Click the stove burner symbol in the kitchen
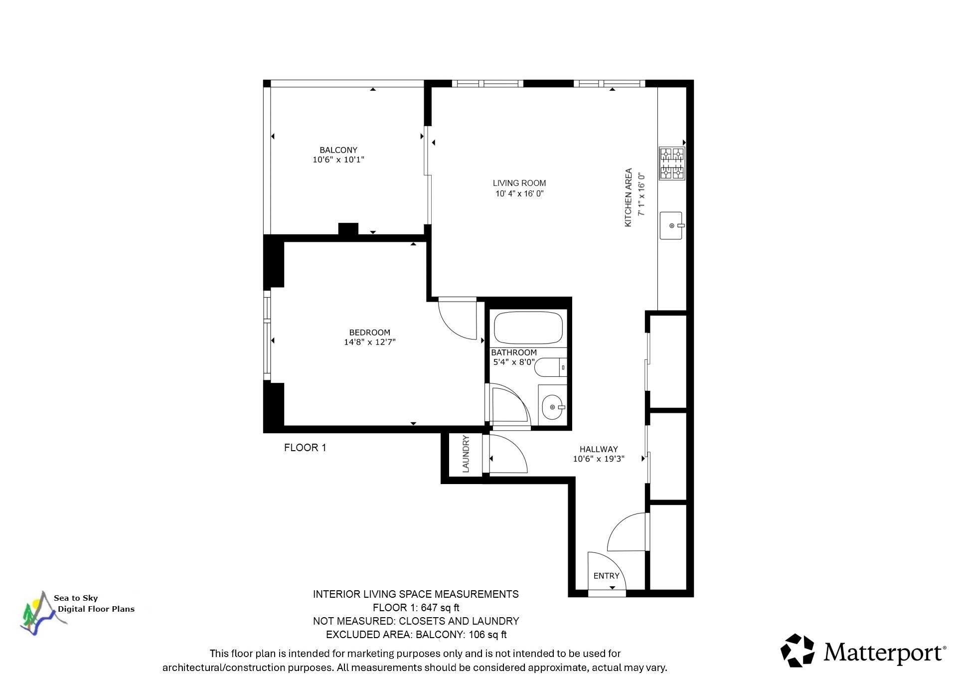(x=672, y=163)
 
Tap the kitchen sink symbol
(x=671, y=225)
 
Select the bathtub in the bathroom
(x=528, y=328)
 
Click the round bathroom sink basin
(x=552, y=407)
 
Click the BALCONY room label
(x=338, y=150)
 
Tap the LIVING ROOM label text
(x=519, y=183)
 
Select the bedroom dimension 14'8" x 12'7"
(x=369, y=342)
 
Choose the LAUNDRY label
(x=466, y=454)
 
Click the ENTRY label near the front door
(x=606, y=576)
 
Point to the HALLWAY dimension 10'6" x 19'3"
(x=598, y=459)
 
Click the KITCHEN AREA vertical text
(x=629, y=197)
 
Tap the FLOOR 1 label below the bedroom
(x=305, y=448)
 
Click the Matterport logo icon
(x=797, y=650)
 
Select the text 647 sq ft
(x=441, y=608)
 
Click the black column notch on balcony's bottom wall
(x=348, y=229)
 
